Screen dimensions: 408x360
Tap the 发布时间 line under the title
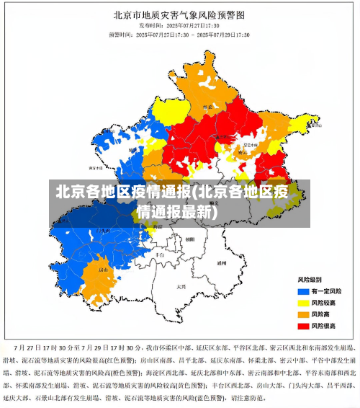[179, 25]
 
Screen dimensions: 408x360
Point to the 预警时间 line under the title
[179, 34]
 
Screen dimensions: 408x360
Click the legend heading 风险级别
[310, 279]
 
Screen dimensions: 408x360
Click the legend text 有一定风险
[328, 291]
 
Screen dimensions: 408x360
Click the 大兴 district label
[181, 286]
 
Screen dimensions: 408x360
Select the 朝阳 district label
[189, 239]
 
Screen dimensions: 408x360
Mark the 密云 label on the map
[243, 151]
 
